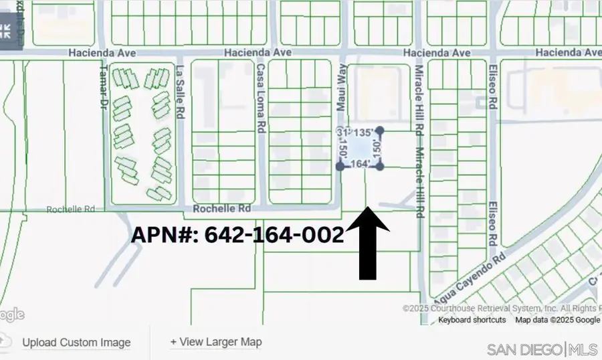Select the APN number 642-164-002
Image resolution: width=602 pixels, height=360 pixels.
click(x=237, y=235)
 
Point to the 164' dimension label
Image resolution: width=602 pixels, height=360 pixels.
click(x=360, y=164)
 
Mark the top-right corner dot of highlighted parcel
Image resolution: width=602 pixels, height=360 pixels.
click(x=380, y=130)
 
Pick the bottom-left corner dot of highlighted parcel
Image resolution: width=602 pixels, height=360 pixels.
click(x=340, y=166)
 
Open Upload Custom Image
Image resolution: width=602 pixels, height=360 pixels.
click(x=76, y=342)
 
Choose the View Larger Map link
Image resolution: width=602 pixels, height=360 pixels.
click(x=216, y=342)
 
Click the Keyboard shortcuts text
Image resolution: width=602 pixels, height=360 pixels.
click(x=472, y=320)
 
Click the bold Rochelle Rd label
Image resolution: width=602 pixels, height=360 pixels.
click(x=221, y=209)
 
